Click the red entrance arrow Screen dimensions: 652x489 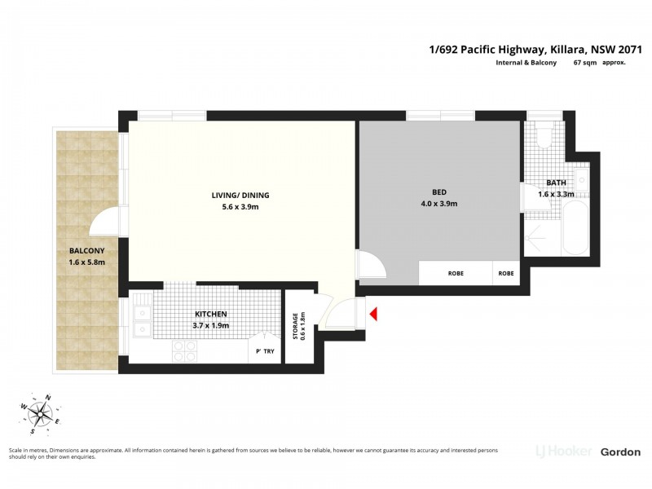pyautogui.click(x=374, y=314)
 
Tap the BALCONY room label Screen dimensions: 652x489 pyautogui.click(x=87, y=251)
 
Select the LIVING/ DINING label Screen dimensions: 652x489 pyautogui.click(x=240, y=195)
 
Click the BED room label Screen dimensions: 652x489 pyautogui.click(x=439, y=192)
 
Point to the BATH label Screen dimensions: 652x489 pyautogui.click(x=556, y=183)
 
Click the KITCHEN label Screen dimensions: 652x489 pyautogui.click(x=211, y=314)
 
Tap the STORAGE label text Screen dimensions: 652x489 pyautogui.click(x=295, y=327)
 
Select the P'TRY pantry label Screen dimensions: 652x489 pyautogui.click(x=265, y=351)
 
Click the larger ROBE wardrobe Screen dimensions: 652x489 pyautogui.click(x=456, y=273)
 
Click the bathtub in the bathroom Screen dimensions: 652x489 pyautogui.click(x=575, y=228)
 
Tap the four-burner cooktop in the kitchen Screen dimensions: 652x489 pyautogui.click(x=184, y=351)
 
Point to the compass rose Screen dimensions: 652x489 pyautogui.click(x=40, y=414)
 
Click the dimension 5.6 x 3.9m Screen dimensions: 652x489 pyautogui.click(x=240, y=207)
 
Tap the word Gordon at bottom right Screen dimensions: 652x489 pyautogui.click(x=620, y=452)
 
